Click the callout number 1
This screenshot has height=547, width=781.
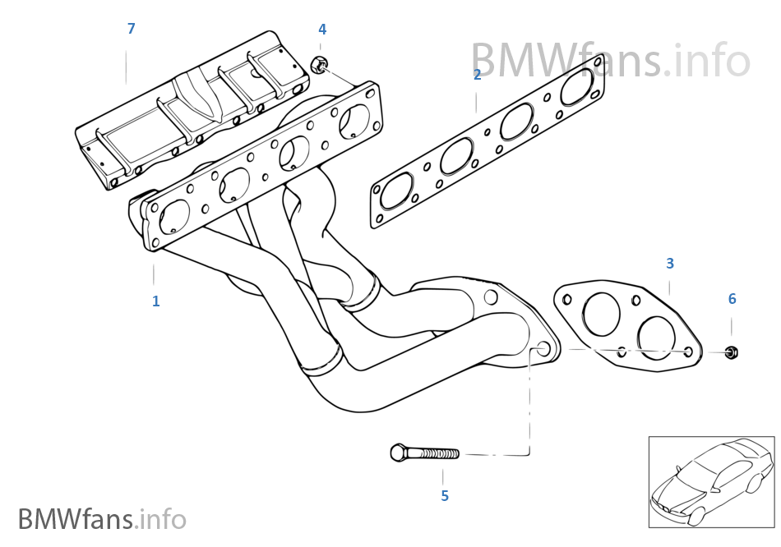click(155, 301)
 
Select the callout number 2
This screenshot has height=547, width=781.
click(477, 75)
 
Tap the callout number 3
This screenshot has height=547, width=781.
click(670, 264)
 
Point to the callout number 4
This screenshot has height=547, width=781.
click(322, 30)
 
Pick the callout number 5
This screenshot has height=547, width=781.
click(445, 496)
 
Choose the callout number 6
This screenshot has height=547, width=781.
click(732, 299)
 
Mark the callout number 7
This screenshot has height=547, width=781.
click(131, 29)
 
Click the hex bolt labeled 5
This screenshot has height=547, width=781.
click(424, 453)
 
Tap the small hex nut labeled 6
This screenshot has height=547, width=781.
click(731, 352)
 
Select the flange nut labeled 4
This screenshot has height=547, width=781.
click(321, 63)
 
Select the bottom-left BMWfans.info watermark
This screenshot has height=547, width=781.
click(102, 519)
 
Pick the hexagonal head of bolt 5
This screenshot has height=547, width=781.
click(397, 453)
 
